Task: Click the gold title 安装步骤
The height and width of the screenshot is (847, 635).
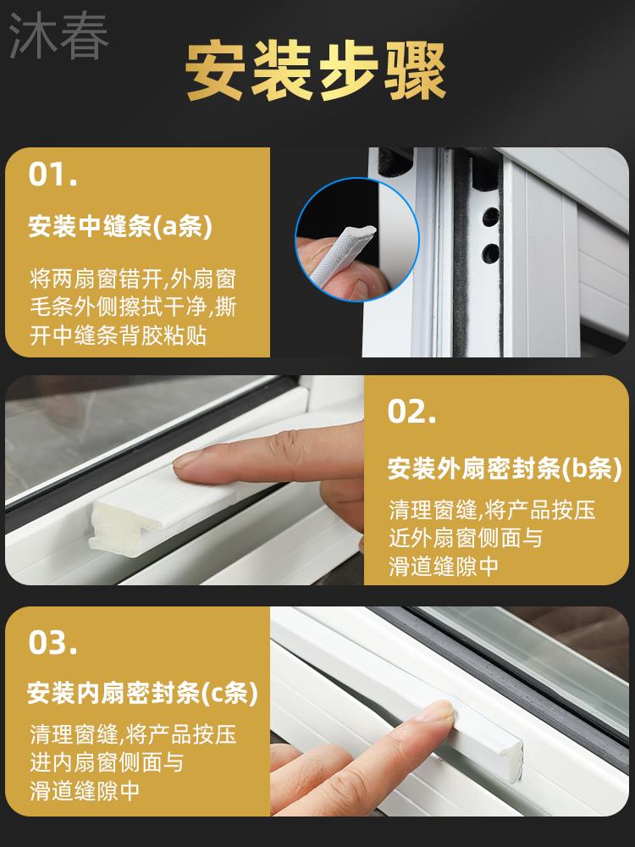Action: pos(315,71)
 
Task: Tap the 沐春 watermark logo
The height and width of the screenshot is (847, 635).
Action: pos(59,35)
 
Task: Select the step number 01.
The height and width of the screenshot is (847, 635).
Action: pos(52,174)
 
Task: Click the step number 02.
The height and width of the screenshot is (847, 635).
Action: pos(411,412)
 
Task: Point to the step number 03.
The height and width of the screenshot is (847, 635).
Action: pos(52,643)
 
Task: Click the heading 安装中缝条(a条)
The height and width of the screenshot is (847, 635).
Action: pos(120,226)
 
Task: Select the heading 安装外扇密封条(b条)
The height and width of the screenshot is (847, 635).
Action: pos(505,468)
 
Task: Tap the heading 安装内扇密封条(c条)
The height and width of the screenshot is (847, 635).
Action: pos(142,693)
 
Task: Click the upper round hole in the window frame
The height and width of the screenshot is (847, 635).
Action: pos(490,217)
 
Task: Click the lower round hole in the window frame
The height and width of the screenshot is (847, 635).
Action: pos(490,252)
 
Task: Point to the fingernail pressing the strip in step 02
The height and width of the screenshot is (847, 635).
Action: pos(187,459)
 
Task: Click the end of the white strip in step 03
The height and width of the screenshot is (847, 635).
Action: pos(513,763)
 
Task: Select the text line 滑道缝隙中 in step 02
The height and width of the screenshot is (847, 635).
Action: pos(443,566)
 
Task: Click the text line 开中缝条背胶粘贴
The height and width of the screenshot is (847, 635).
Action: pos(118,335)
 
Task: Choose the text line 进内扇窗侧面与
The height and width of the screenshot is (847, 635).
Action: pos(107,762)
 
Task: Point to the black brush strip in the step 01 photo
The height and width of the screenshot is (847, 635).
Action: pos(462,259)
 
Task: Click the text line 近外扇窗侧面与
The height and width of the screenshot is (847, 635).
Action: pos(466,538)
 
